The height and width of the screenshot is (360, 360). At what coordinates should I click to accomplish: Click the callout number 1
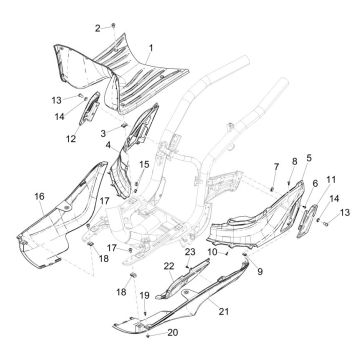151,47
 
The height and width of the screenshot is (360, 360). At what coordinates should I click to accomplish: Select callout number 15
145,163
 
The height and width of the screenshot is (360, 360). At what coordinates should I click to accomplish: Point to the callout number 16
40,196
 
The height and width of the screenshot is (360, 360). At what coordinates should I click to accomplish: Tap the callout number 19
144,295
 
